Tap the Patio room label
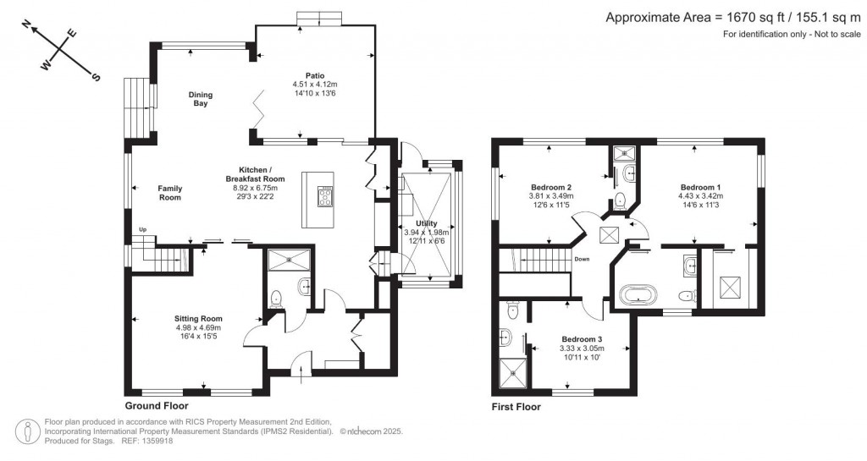314,74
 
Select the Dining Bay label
199,99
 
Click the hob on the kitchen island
324,196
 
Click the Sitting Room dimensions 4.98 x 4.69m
198,327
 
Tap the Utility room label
427,222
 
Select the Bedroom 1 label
700,186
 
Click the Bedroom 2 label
551,187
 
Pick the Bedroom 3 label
581,338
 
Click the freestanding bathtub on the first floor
637,295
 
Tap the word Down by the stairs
582,260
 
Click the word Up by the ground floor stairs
144,229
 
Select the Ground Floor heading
156,406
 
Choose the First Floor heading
516,407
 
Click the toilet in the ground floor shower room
275,299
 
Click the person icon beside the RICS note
30,431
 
